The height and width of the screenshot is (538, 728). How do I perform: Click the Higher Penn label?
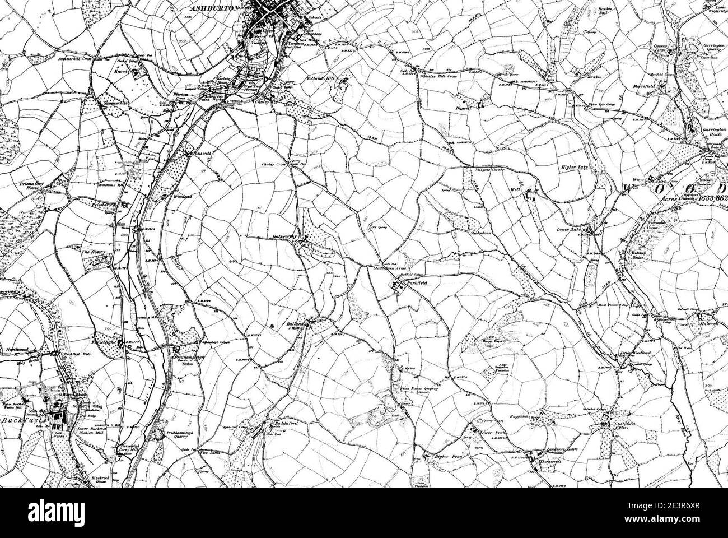[447, 457]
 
